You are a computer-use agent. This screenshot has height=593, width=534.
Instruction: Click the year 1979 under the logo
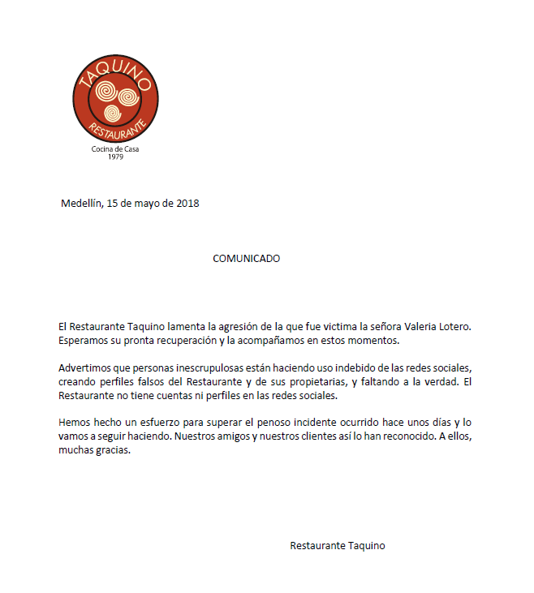(114, 157)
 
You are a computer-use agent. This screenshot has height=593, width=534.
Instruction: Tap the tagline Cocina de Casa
(115, 149)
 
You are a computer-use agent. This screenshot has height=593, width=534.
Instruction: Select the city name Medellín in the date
(82, 203)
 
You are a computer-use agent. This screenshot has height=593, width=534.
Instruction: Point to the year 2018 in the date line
(187, 203)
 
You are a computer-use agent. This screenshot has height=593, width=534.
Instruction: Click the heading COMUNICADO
(246, 259)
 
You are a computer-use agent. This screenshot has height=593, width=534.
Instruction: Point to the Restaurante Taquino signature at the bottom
(337, 546)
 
